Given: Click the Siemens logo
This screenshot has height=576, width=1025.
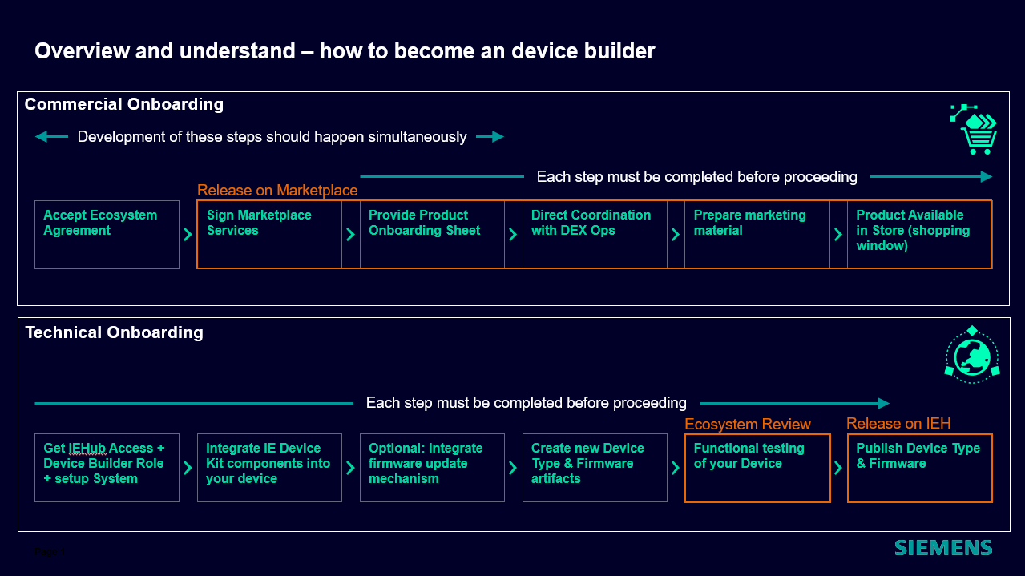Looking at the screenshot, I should pyautogui.click(x=943, y=548).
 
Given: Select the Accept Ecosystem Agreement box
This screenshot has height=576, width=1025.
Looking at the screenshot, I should pyautogui.click(x=107, y=234).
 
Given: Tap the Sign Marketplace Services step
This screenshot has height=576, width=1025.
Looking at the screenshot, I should pyautogui.click(x=269, y=234).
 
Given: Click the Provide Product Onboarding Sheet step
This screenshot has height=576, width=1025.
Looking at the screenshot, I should pyautogui.click(x=432, y=234).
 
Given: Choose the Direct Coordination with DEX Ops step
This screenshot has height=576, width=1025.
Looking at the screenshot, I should pyautogui.click(x=595, y=234).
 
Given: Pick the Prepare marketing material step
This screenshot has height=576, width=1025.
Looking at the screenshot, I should pyautogui.click(x=757, y=234).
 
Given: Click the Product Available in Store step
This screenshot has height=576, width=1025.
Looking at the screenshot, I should pyautogui.click(x=919, y=234).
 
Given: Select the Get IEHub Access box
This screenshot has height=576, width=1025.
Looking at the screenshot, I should pyautogui.click(x=107, y=468).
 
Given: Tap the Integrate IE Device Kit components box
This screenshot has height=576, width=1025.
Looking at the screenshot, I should pyautogui.click(x=269, y=468).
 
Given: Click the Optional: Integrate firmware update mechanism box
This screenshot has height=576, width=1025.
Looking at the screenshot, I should pyautogui.click(x=432, y=468).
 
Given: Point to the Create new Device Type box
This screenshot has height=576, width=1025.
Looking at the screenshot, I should pyautogui.click(x=595, y=468).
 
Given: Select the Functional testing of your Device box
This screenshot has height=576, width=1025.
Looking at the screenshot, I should pyautogui.click(x=757, y=468).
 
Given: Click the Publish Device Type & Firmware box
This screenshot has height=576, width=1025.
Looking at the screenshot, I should pyautogui.click(x=919, y=468).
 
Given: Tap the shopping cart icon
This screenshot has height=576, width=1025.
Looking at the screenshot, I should pyautogui.click(x=975, y=130).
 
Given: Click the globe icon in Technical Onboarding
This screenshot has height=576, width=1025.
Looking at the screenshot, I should pyautogui.click(x=972, y=355).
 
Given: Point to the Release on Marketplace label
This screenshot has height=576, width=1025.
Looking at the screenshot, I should pyautogui.click(x=277, y=190).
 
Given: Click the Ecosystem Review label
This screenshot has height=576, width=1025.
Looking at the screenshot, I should pyautogui.click(x=748, y=424).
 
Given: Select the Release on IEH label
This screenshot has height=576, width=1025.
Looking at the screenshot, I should pyautogui.click(x=898, y=423).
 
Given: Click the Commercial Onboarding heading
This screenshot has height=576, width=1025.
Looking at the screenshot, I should pyautogui.click(x=124, y=104).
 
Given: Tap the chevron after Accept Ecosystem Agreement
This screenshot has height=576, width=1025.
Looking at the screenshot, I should pyautogui.click(x=188, y=235).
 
